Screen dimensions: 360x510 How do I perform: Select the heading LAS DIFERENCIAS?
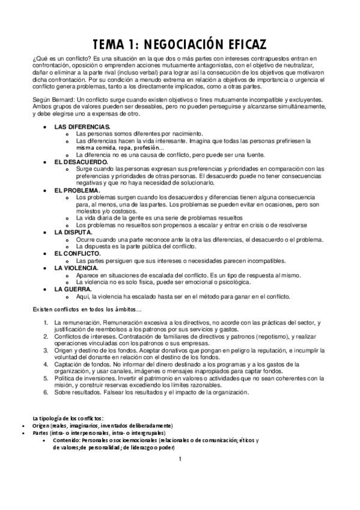click(82, 127)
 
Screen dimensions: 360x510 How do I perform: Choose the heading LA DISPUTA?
click(73, 232)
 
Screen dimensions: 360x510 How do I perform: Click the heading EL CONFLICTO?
click(78, 253)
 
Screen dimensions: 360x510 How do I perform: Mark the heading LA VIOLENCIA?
click(77, 268)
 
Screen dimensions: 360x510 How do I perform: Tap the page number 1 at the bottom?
click(180, 461)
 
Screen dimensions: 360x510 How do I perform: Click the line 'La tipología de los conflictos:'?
click(69, 417)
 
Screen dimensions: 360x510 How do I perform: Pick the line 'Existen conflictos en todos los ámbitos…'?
click(87, 309)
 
